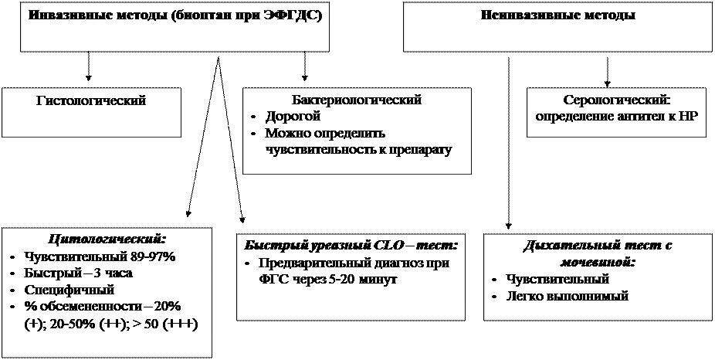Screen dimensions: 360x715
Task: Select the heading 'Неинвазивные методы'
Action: pos(557,15)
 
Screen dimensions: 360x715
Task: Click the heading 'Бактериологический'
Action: pos(356,100)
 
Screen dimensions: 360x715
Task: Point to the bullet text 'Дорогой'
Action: pos(292,117)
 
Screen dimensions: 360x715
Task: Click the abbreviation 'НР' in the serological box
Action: pos(691,116)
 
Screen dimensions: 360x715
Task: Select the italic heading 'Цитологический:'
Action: pos(107,239)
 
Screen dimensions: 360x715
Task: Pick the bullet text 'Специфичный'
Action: pos(69,290)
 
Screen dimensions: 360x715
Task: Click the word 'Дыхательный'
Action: pos(568,246)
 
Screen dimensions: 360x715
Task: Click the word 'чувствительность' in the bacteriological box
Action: pos(315,149)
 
